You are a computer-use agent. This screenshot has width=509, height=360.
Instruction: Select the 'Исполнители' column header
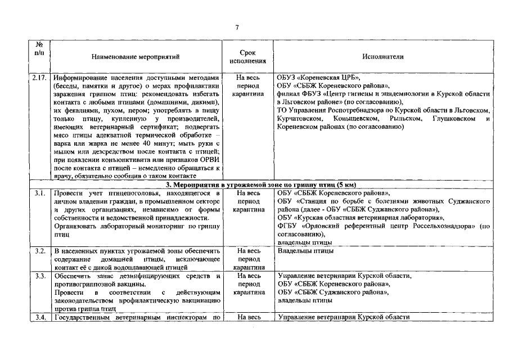coord(384,57)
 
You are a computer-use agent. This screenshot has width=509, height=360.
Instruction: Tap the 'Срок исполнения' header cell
coord(247,57)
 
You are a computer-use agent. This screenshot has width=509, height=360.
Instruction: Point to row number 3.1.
coord(40,193)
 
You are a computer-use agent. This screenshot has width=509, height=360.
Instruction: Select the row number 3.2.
coord(40,251)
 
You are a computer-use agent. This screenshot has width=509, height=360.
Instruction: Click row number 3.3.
coord(40,276)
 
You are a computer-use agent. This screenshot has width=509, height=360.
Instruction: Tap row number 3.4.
coord(40,318)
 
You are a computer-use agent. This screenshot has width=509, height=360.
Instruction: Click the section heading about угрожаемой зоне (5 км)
coord(262,185)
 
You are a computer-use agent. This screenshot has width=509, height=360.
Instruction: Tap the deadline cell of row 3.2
coord(247,259)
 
